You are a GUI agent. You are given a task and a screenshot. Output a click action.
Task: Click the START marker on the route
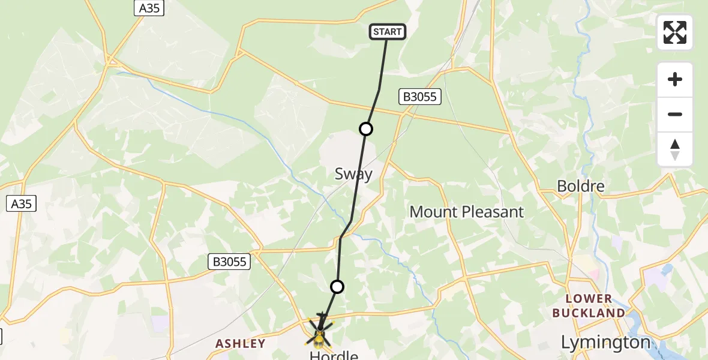click(x=388, y=32)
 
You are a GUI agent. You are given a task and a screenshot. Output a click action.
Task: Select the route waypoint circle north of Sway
click(x=365, y=128)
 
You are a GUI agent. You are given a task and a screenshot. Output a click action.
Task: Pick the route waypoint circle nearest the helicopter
click(x=337, y=287)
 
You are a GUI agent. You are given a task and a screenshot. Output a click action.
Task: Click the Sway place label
click(x=353, y=174)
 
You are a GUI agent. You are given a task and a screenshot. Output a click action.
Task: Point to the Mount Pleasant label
click(x=466, y=212)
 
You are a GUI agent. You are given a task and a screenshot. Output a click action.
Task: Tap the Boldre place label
click(x=580, y=186)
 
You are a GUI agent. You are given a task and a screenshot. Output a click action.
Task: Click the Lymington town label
click(x=605, y=343)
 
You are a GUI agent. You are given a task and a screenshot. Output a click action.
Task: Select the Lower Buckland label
click(x=589, y=306)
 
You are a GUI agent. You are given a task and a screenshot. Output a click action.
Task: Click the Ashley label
click(x=240, y=343)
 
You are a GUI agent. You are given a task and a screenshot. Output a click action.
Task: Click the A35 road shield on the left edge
click(x=22, y=203)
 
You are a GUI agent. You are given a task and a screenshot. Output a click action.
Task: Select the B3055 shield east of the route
click(x=420, y=96)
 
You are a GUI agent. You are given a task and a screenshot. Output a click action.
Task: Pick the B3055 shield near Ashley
click(x=229, y=261)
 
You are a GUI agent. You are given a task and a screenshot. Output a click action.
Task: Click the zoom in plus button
click(x=675, y=80)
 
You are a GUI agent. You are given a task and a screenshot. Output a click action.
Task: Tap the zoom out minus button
click(x=675, y=115)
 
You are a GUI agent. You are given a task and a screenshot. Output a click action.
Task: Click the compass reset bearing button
click(x=675, y=149)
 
